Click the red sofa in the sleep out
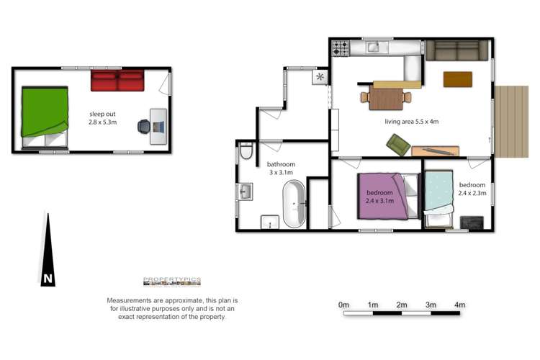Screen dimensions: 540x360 (117, 80)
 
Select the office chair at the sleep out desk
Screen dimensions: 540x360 (144, 127)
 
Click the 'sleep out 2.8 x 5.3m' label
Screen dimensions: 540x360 (103, 118)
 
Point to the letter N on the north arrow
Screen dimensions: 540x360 (48, 279)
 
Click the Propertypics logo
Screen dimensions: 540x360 (172, 282)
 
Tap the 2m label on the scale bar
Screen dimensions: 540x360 (402, 305)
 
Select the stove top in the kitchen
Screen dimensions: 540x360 (341, 48)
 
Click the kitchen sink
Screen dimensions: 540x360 (377, 47)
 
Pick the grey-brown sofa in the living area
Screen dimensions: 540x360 (457, 50)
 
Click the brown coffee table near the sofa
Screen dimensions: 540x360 (458, 80)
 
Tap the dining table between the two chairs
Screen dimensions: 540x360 (386, 99)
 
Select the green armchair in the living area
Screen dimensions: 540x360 (398, 145)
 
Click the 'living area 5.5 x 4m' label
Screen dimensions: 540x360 (412, 122)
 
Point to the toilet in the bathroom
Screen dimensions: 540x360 (246, 151)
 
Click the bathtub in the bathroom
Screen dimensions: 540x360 (294, 204)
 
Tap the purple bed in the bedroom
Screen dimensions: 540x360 (383, 197)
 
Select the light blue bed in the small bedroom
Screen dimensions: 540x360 (438, 193)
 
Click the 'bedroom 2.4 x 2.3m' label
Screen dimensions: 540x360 (472, 189)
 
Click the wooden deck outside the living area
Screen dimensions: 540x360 (511, 122)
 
